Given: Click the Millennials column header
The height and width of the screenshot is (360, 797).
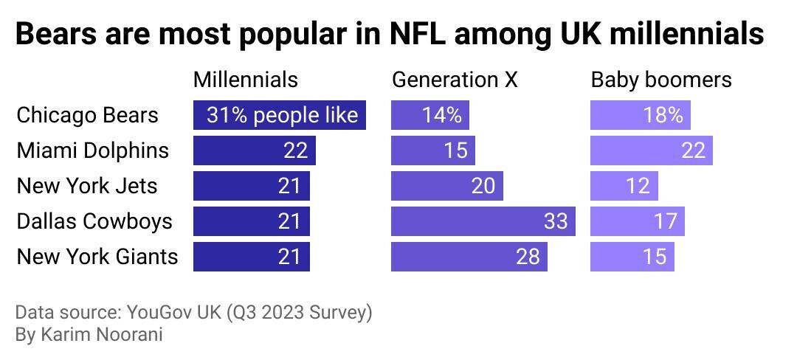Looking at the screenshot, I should (245, 80).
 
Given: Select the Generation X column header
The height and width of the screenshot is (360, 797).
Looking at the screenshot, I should (454, 80).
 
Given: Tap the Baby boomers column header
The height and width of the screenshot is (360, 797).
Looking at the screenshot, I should (660, 80).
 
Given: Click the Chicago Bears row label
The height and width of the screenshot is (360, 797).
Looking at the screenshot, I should (87, 116).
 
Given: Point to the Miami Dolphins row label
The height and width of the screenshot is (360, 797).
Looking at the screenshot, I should (92, 150).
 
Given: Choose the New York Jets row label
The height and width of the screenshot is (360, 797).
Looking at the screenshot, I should (86, 186).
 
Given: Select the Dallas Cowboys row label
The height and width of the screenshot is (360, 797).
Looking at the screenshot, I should (94, 221).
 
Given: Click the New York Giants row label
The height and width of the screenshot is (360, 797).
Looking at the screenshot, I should (97, 257).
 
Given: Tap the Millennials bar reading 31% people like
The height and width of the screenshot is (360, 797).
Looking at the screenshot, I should (280, 116).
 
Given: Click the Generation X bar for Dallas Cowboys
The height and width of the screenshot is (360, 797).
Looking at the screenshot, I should (483, 221).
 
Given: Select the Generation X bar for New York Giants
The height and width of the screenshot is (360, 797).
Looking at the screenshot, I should (469, 257).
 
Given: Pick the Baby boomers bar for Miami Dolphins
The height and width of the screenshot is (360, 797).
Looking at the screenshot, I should (651, 150).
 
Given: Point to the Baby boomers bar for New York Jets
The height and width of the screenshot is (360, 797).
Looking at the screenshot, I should (624, 186).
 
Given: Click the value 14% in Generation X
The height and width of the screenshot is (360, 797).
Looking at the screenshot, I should (441, 116).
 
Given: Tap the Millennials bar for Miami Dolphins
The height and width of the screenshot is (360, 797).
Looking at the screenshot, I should (254, 150).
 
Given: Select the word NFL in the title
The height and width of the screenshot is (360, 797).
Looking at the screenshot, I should (431, 35).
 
